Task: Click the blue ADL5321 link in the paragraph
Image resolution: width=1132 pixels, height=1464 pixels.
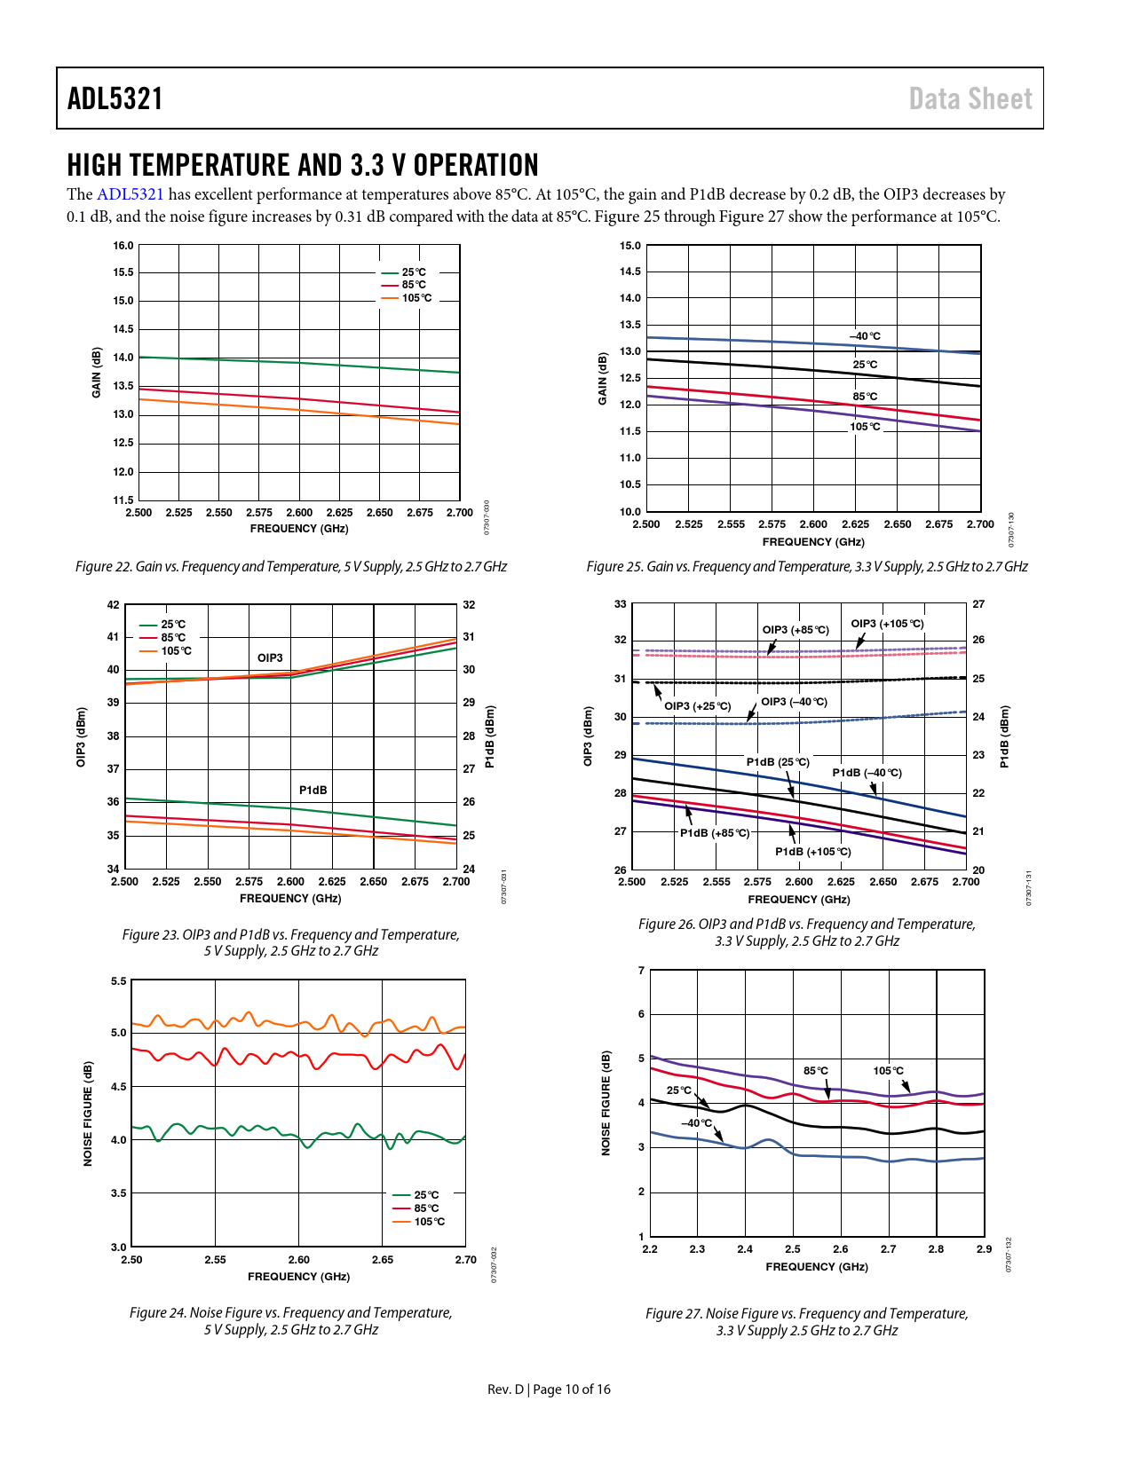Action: (130, 194)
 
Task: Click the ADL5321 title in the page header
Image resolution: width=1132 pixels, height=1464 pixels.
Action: (115, 98)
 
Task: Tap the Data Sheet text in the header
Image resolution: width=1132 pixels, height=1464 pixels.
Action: (970, 98)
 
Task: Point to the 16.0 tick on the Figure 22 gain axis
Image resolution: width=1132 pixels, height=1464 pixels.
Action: (123, 246)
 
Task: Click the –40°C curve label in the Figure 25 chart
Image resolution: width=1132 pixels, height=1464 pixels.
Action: (866, 336)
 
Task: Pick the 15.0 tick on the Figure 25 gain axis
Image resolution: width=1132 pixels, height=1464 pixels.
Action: (630, 246)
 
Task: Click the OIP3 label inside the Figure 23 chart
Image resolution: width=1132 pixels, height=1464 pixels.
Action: (270, 658)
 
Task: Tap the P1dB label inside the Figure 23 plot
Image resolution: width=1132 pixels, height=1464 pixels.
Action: (313, 791)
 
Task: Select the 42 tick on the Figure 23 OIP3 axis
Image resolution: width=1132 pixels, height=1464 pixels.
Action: (113, 605)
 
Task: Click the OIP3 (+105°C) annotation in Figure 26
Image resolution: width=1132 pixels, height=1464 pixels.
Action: (887, 624)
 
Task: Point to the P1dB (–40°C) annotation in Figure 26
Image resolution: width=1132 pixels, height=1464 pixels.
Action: (867, 773)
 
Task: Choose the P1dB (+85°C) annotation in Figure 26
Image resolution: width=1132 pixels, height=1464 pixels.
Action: (715, 833)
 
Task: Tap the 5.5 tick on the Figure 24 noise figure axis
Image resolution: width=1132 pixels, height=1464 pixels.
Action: (119, 981)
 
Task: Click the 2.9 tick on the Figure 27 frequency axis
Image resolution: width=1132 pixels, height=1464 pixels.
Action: (984, 1249)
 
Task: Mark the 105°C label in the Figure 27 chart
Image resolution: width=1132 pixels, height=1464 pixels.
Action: (888, 1071)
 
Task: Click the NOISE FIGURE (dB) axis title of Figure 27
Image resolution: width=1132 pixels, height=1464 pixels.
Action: (606, 1103)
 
